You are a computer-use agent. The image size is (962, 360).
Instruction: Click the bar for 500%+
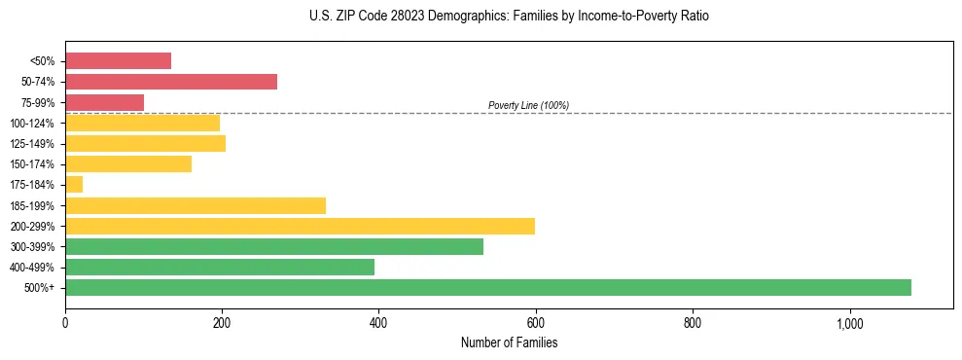point(487,287)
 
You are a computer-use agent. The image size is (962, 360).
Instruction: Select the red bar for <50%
point(118,60)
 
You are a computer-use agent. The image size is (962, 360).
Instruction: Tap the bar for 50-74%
point(170,81)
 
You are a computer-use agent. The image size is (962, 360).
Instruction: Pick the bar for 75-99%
point(104,102)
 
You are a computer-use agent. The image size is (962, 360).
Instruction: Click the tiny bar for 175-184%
point(74,184)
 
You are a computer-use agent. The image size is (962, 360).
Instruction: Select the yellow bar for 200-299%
point(300,226)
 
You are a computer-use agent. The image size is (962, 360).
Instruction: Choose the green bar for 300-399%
point(273,246)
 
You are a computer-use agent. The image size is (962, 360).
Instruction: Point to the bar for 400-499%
point(219,267)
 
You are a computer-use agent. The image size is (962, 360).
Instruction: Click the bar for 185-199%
point(195,205)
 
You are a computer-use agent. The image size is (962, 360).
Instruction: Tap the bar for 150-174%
point(127,163)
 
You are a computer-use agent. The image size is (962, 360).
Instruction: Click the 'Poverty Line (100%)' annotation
point(528,105)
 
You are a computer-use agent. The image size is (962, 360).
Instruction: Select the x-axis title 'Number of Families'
point(509,342)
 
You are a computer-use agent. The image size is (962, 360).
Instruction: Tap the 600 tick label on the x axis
point(535,322)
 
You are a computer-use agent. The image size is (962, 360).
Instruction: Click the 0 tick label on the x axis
point(65,322)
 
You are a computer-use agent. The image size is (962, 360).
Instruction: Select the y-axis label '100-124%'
point(32,123)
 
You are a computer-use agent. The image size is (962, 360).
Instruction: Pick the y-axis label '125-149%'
point(32,144)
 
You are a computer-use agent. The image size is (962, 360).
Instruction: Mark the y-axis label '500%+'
point(39,288)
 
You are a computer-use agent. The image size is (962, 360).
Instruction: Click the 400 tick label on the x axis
point(378,322)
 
